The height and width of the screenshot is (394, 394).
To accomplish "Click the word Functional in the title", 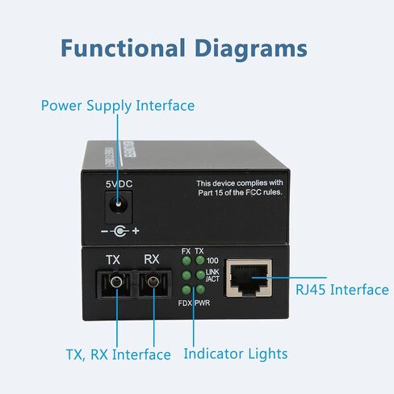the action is click(x=123, y=48).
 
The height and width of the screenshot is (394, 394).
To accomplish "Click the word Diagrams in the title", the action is click(x=251, y=49).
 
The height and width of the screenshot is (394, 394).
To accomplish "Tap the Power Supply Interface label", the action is click(x=118, y=106).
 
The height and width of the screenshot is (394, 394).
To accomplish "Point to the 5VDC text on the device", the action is click(x=119, y=184).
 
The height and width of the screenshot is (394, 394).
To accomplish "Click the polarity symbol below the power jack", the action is click(x=120, y=231).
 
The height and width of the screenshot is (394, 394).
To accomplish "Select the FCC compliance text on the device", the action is click(x=240, y=188).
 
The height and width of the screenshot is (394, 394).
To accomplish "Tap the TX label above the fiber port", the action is click(x=113, y=260).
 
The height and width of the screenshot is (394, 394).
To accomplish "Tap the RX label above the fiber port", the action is click(x=152, y=259).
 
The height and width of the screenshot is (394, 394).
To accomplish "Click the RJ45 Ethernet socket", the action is click(x=249, y=278).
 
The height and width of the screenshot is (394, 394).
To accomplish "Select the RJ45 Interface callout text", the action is click(x=342, y=290).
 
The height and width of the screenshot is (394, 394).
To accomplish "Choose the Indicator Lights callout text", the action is click(x=236, y=354).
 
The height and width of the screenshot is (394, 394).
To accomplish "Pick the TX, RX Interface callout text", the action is click(x=119, y=354).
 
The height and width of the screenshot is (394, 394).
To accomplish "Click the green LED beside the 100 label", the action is click(x=200, y=260).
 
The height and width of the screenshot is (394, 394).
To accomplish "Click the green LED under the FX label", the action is click(x=187, y=261).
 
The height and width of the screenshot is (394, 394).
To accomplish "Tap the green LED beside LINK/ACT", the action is click(x=200, y=275).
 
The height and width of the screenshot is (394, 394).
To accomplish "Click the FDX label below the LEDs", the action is click(x=185, y=304).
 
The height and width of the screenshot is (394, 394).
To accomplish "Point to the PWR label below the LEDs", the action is click(x=203, y=304).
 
